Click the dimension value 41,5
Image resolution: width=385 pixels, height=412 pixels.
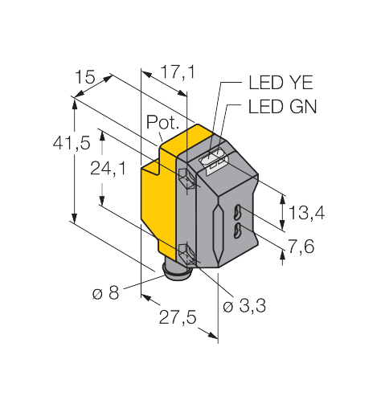[72, 143]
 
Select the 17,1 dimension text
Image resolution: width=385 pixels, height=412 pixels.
[178, 72]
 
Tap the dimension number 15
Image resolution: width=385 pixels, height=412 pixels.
[84, 77]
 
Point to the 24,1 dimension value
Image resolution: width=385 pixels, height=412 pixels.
[108, 169]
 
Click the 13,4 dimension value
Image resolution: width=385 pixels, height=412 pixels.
[306, 213]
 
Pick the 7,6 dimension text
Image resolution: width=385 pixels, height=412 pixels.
[301, 247]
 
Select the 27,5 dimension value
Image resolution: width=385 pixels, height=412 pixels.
[178, 317]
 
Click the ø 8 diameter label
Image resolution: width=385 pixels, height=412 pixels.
[105, 293]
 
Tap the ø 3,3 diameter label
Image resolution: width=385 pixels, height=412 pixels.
[244, 305]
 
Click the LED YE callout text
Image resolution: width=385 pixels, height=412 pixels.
[281, 82]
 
